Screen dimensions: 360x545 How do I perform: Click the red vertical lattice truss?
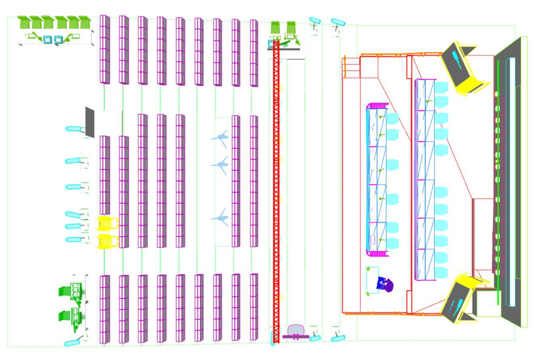click(x=276, y=191)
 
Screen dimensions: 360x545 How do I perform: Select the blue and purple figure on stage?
click(x=386, y=283)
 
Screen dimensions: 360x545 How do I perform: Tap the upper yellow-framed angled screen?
click(x=464, y=67)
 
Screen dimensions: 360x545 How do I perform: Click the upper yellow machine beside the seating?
click(x=107, y=223)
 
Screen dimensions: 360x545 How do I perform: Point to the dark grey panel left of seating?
click(x=90, y=123)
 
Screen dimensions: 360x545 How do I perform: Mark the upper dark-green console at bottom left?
click(x=71, y=291)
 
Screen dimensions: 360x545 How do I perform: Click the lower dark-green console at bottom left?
click(x=71, y=317)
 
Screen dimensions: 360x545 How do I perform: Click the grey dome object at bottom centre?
click(x=296, y=330)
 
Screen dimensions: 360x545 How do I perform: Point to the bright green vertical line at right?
click(x=498, y=181)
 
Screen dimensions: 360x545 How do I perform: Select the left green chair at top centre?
click(x=276, y=27)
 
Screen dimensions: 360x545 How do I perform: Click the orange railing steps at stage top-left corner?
click(x=350, y=67)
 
